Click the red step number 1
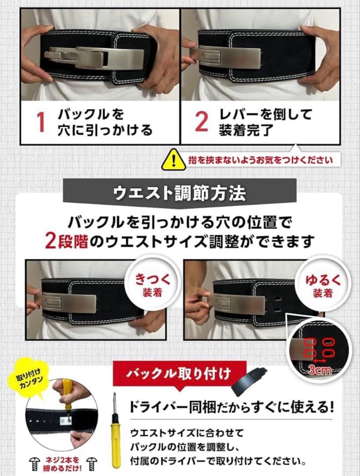[41, 122]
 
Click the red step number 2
[201, 122]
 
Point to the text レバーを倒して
[265, 115]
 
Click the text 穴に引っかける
[105, 130]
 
